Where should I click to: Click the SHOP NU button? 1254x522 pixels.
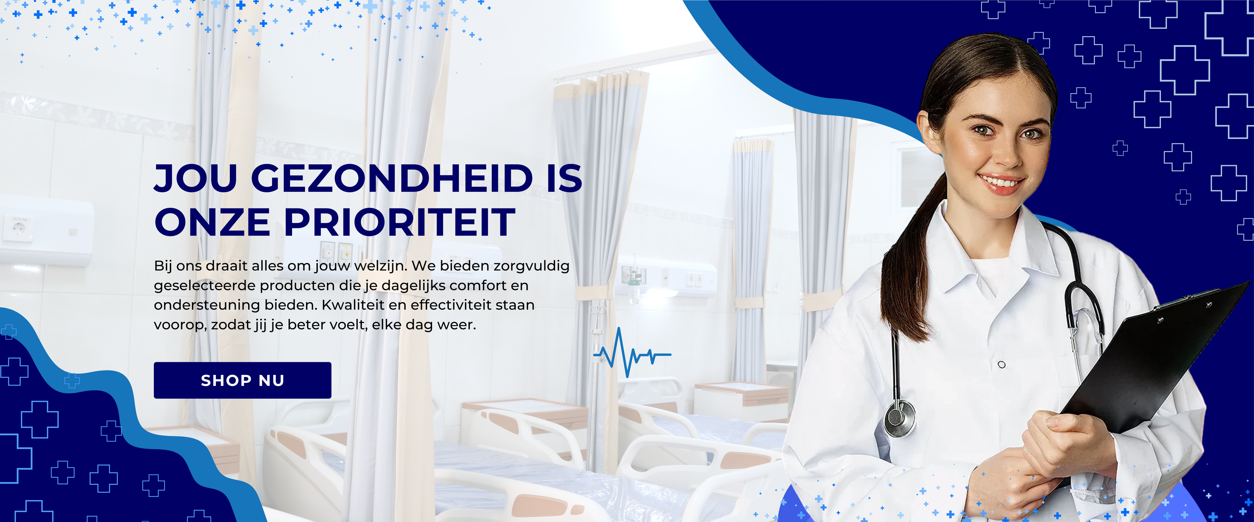[x=242, y=380]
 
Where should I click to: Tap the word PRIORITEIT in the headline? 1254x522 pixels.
[x=400, y=222]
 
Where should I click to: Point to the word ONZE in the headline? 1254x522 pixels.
[x=212, y=222]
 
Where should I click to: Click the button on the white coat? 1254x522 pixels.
[x=1001, y=364]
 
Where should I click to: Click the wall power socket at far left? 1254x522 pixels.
[x=18, y=229]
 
